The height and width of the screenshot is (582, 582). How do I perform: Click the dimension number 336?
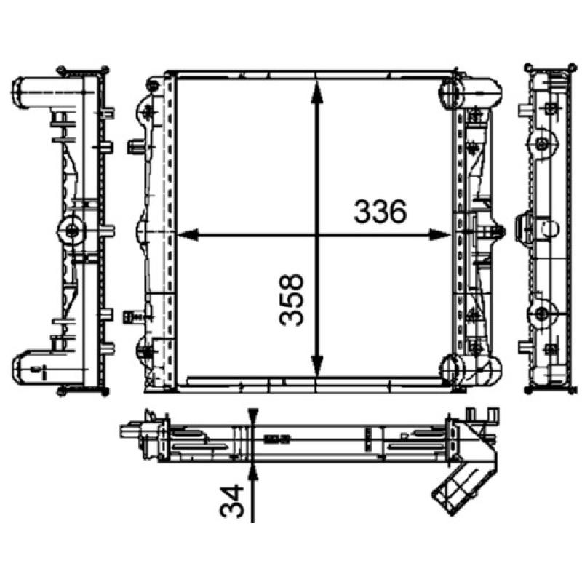point(379,212)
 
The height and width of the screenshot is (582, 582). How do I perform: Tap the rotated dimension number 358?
point(292,300)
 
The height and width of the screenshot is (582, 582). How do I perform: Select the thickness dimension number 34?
point(231,501)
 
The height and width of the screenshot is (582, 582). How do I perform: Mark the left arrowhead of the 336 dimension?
point(186,234)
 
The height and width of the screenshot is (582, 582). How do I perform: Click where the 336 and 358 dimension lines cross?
point(316,234)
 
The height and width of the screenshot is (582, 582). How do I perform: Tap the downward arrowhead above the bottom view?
point(252,418)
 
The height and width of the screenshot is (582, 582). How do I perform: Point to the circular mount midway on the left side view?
point(72,231)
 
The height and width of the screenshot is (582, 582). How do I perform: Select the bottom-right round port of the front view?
point(453,367)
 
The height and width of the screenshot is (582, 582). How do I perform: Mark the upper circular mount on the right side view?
point(542,144)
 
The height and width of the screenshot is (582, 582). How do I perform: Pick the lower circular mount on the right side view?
point(542,314)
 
